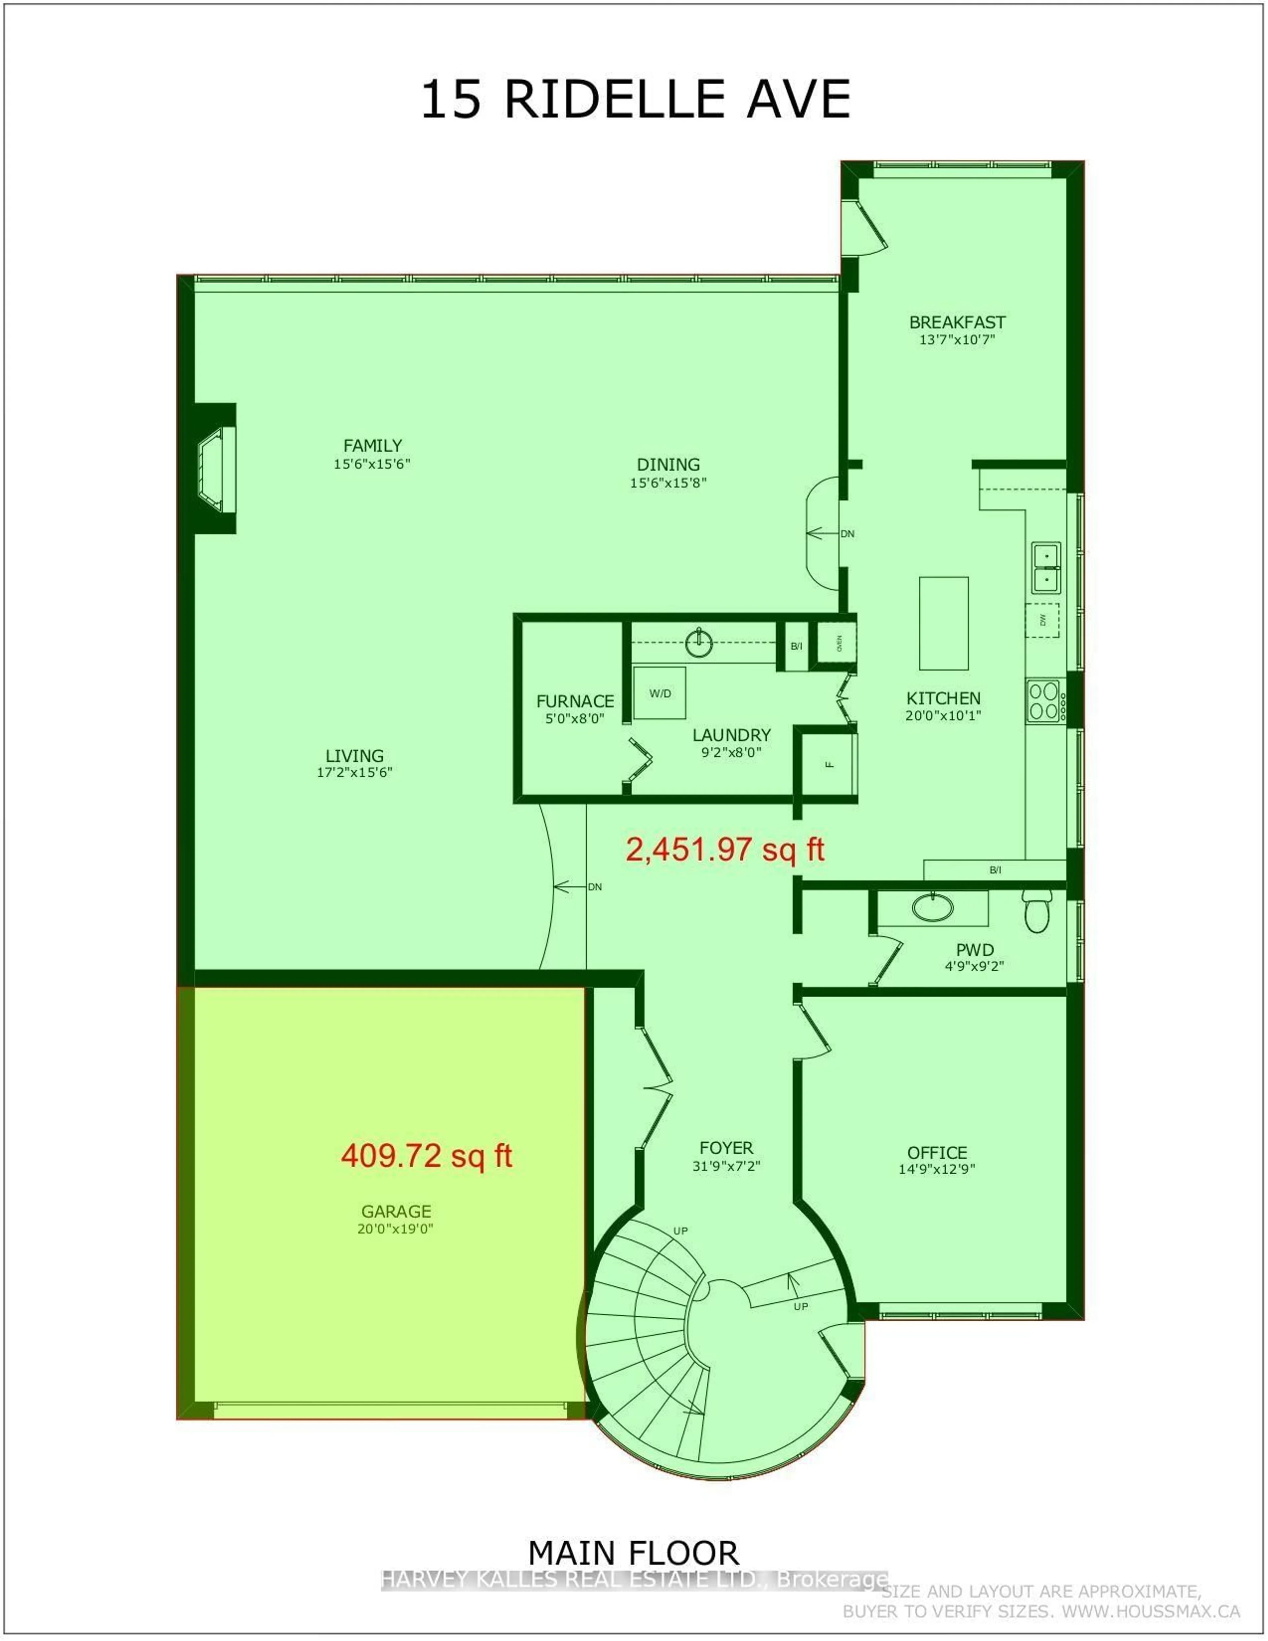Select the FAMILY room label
click(372, 446)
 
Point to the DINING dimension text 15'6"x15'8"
click(668, 482)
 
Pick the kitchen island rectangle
click(943, 623)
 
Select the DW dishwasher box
click(1043, 620)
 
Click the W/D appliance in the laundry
click(659, 693)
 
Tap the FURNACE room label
click(575, 701)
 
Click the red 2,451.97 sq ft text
click(725, 849)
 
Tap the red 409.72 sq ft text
click(426, 1155)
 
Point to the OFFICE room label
click(937, 1153)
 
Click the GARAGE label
click(396, 1211)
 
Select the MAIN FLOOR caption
click(633, 1552)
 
